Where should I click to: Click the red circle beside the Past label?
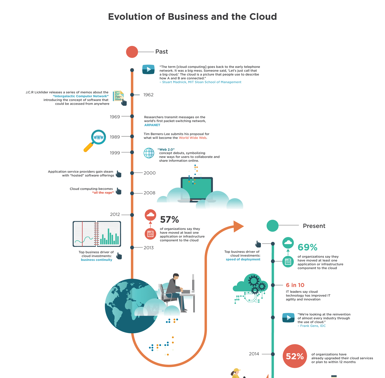[x=132, y=52]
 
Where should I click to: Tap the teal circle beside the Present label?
[x=272, y=226]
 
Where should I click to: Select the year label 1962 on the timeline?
[x=148, y=95]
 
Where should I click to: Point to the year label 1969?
[x=115, y=117]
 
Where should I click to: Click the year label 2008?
[x=149, y=193]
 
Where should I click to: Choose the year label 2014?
[x=254, y=354]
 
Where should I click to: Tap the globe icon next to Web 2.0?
[x=149, y=153]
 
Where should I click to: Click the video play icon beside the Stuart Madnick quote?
[x=148, y=69]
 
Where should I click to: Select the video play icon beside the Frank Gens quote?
[x=289, y=318]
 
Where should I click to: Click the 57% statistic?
[x=169, y=220]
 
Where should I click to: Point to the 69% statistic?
[x=307, y=247]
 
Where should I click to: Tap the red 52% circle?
[x=295, y=356]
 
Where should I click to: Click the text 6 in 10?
[x=295, y=285]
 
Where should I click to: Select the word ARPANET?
[x=152, y=125]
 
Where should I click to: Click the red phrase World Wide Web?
[x=192, y=138]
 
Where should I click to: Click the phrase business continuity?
[x=96, y=260]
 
